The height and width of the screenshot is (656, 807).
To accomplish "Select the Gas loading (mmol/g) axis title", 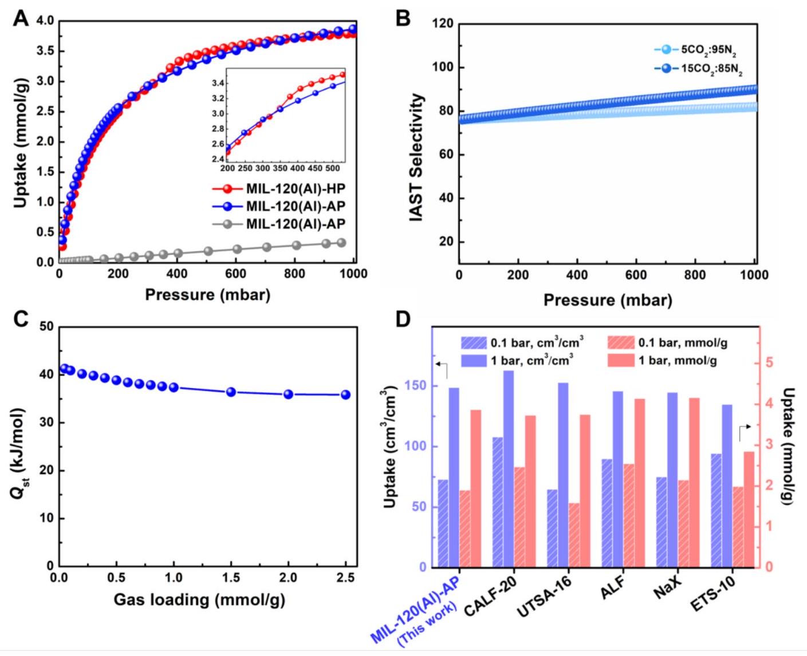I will pyautogui.click(x=199, y=600).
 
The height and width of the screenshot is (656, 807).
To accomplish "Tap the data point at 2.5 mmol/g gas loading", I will pyautogui.click(x=345, y=394).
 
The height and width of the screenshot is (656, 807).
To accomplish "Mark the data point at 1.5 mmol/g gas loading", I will pyautogui.click(x=231, y=392).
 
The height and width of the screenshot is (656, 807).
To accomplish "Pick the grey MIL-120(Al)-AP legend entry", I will pyautogui.click(x=296, y=224).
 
